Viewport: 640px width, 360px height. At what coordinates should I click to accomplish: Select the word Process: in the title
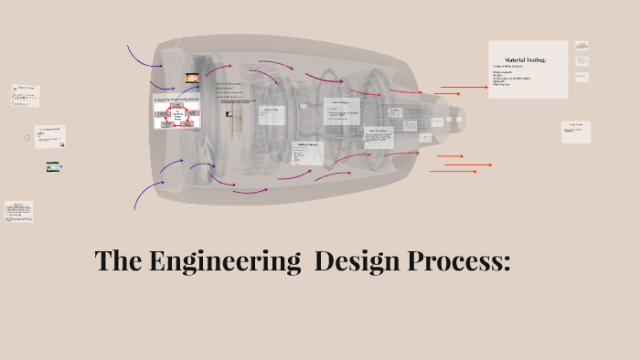click(459, 262)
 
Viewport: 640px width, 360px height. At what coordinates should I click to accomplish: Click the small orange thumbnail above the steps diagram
click(193, 79)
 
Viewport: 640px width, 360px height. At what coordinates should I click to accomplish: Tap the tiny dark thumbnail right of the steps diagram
click(229, 114)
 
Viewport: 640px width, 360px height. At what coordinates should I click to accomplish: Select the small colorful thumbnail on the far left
click(54, 167)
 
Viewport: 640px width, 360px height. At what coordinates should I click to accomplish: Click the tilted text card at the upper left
click(25, 94)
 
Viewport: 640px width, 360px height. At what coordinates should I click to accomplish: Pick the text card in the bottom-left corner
click(18, 212)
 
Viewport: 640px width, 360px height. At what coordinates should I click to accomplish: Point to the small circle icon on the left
click(27, 137)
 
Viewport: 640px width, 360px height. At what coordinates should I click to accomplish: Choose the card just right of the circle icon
click(49, 135)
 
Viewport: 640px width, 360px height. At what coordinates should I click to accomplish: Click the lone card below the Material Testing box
click(575, 132)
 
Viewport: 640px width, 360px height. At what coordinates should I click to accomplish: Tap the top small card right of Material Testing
click(581, 45)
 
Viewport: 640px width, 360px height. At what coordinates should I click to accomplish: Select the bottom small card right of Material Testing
click(581, 79)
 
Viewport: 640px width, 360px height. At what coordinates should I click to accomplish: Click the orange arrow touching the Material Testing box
click(466, 89)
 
